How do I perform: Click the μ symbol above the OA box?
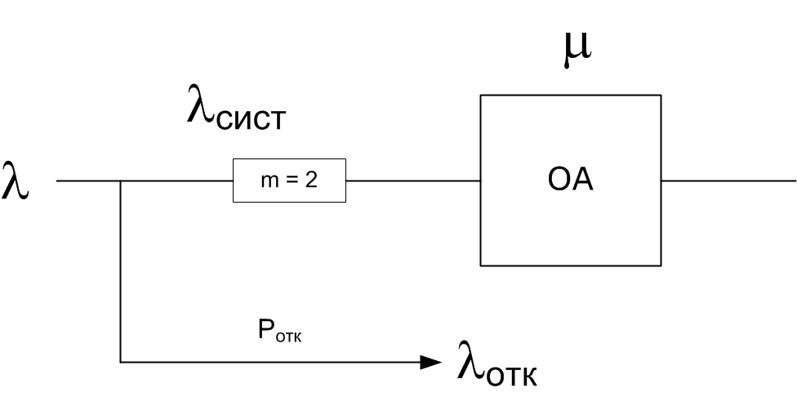tap(577, 50)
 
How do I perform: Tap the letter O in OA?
tap(559, 181)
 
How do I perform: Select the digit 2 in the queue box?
tap(311, 181)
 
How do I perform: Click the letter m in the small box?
tap(269, 181)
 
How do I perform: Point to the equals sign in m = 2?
tap(292, 181)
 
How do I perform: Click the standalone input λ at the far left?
tap(16, 181)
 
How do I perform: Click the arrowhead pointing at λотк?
tap(431, 361)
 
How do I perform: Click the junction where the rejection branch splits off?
tap(121, 181)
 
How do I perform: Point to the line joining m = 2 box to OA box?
tap(412, 181)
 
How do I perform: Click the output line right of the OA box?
tap(727, 181)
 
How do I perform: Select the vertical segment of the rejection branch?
tap(121, 270)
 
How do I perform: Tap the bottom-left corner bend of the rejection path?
tap(121, 361)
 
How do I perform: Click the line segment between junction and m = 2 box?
tap(176, 181)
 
